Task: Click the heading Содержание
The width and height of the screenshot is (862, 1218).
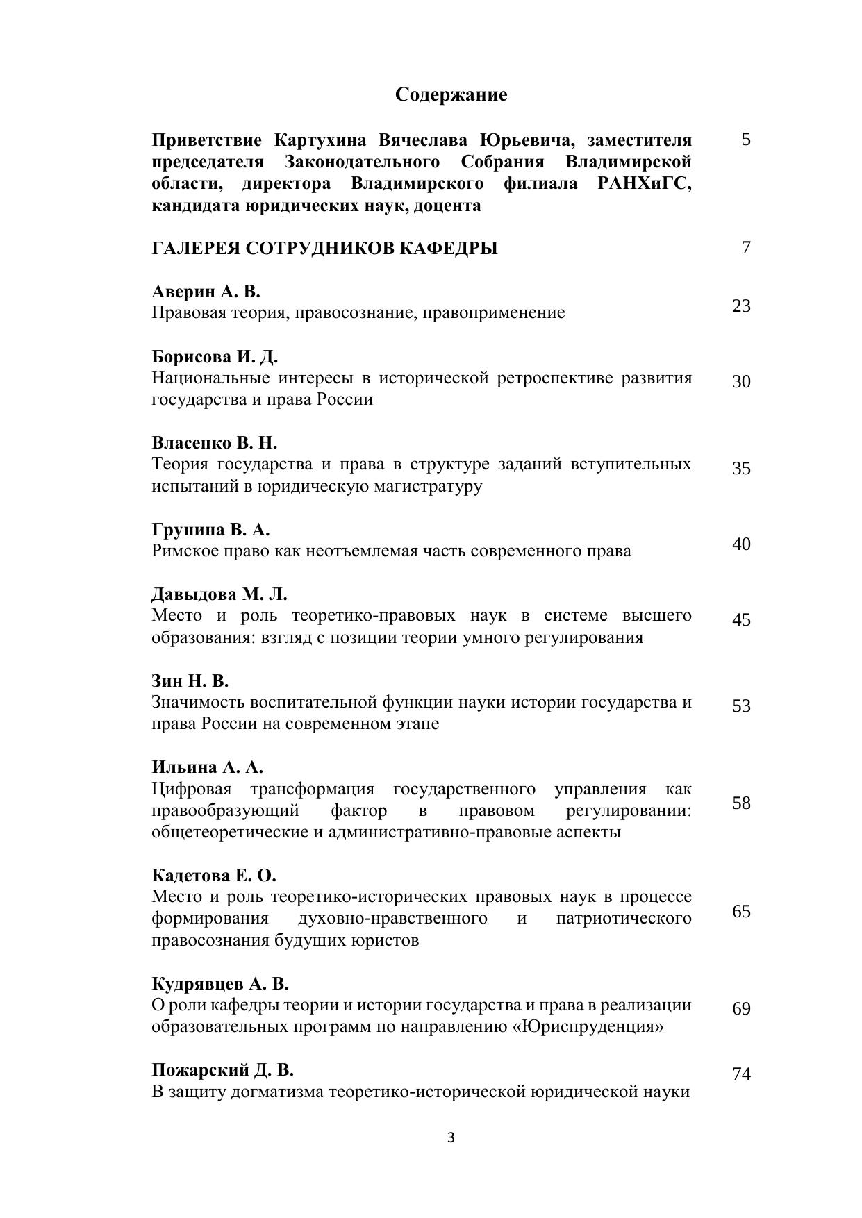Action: coord(451,94)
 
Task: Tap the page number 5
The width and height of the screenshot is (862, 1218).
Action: coord(746,140)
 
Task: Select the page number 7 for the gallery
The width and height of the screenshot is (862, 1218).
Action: coord(746,248)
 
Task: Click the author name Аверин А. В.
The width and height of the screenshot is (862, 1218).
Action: coord(206,292)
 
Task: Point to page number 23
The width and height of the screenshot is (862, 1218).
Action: coord(741,306)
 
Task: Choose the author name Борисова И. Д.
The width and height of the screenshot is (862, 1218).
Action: coord(215,357)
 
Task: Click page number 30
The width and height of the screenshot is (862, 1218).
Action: coord(741,382)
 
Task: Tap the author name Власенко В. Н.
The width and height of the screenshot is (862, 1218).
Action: coord(214,443)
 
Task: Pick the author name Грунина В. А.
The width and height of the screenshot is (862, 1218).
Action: coord(210,530)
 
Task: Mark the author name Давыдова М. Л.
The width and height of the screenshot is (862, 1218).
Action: coord(219,594)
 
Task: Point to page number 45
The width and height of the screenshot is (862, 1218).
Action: coord(741,619)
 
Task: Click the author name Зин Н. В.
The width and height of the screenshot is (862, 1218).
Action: coord(190,681)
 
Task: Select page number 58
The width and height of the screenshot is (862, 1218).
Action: coord(741,803)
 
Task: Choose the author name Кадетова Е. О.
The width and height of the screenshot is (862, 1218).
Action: coord(214,876)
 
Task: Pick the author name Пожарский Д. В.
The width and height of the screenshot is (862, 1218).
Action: coord(222,1070)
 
